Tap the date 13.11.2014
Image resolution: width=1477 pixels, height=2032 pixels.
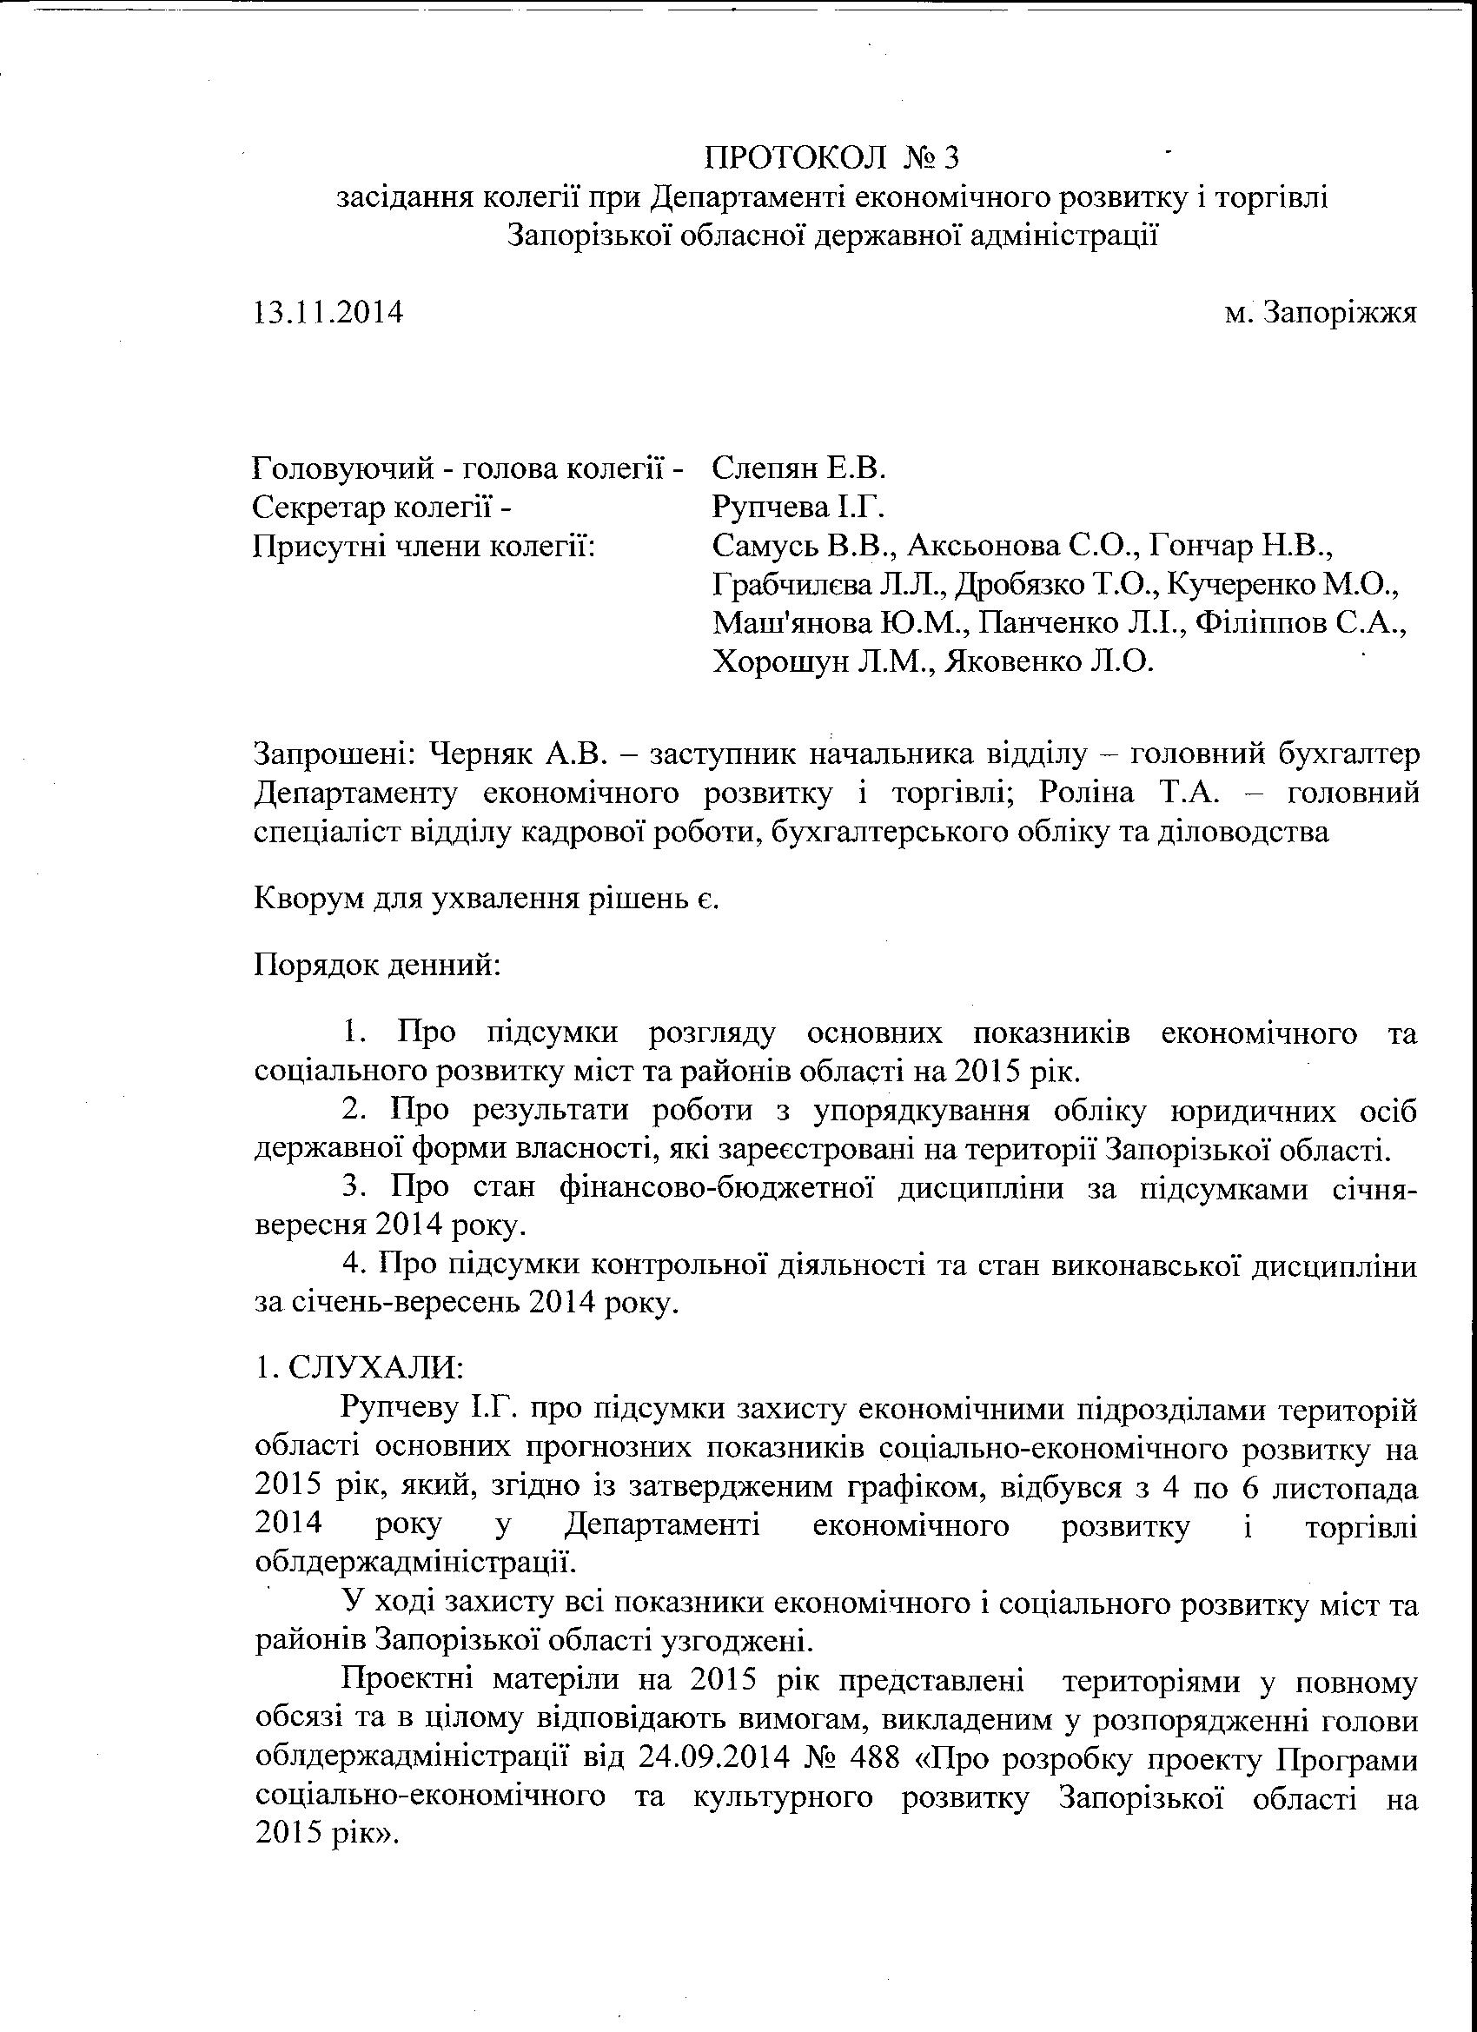[328, 313]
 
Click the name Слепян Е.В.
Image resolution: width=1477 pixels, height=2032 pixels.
[799, 468]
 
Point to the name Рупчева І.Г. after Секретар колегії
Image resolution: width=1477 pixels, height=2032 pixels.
[798, 507]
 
